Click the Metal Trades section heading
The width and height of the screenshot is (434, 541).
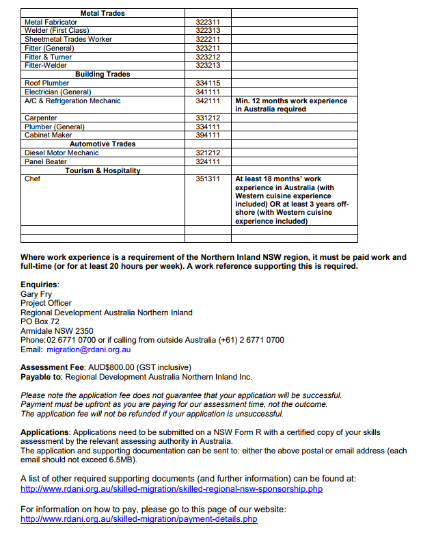pyautogui.click(x=103, y=13)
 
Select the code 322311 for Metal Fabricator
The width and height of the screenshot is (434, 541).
pyautogui.click(x=208, y=23)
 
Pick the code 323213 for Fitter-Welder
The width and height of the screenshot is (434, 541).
pyautogui.click(x=208, y=66)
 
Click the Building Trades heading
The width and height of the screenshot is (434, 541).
pyautogui.click(x=103, y=75)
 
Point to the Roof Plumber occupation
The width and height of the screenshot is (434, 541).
pyautogui.click(x=46, y=83)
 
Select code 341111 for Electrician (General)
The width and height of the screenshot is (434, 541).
pyautogui.click(x=208, y=92)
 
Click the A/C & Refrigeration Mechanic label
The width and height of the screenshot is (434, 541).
pyautogui.click(x=72, y=101)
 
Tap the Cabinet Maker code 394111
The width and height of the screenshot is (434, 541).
pyautogui.click(x=208, y=135)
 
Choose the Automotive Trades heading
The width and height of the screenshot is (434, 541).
pyautogui.click(x=103, y=144)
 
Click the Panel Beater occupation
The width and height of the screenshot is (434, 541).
pyautogui.click(x=46, y=162)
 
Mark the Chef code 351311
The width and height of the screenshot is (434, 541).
pyautogui.click(x=208, y=179)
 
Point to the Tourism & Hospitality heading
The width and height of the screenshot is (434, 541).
pyautogui.click(x=103, y=170)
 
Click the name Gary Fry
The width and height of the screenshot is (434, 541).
pyautogui.click(x=36, y=295)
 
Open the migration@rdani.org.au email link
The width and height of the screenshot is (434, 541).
pyautogui.click(x=88, y=349)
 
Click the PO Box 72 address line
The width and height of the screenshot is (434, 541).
pyautogui.click(x=40, y=321)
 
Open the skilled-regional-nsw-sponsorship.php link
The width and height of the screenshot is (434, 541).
pyautogui.click(x=172, y=489)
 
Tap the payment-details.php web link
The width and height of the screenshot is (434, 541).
pyautogui.click(x=139, y=519)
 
